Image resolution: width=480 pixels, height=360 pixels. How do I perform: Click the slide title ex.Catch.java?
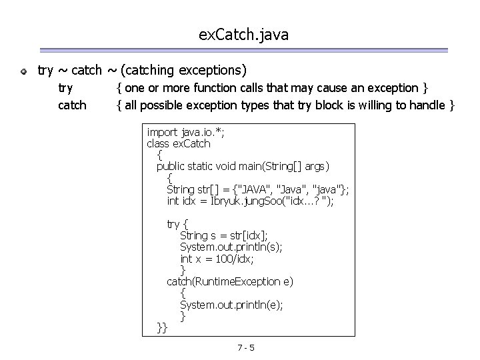click(243, 35)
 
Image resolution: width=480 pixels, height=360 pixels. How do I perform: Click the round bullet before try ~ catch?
click(23, 70)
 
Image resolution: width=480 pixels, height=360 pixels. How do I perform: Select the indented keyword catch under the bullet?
click(72, 105)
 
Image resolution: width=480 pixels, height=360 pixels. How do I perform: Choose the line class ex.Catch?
click(178, 143)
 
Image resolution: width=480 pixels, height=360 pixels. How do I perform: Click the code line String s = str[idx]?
click(224, 235)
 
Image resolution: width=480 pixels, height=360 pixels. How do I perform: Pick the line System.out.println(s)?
click(231, 246)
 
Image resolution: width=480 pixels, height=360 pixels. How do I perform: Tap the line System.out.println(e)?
click(231, 304)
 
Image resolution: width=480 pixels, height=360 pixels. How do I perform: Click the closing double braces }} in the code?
click(162, 327)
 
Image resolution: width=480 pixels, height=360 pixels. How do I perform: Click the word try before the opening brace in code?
click(173, 223)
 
